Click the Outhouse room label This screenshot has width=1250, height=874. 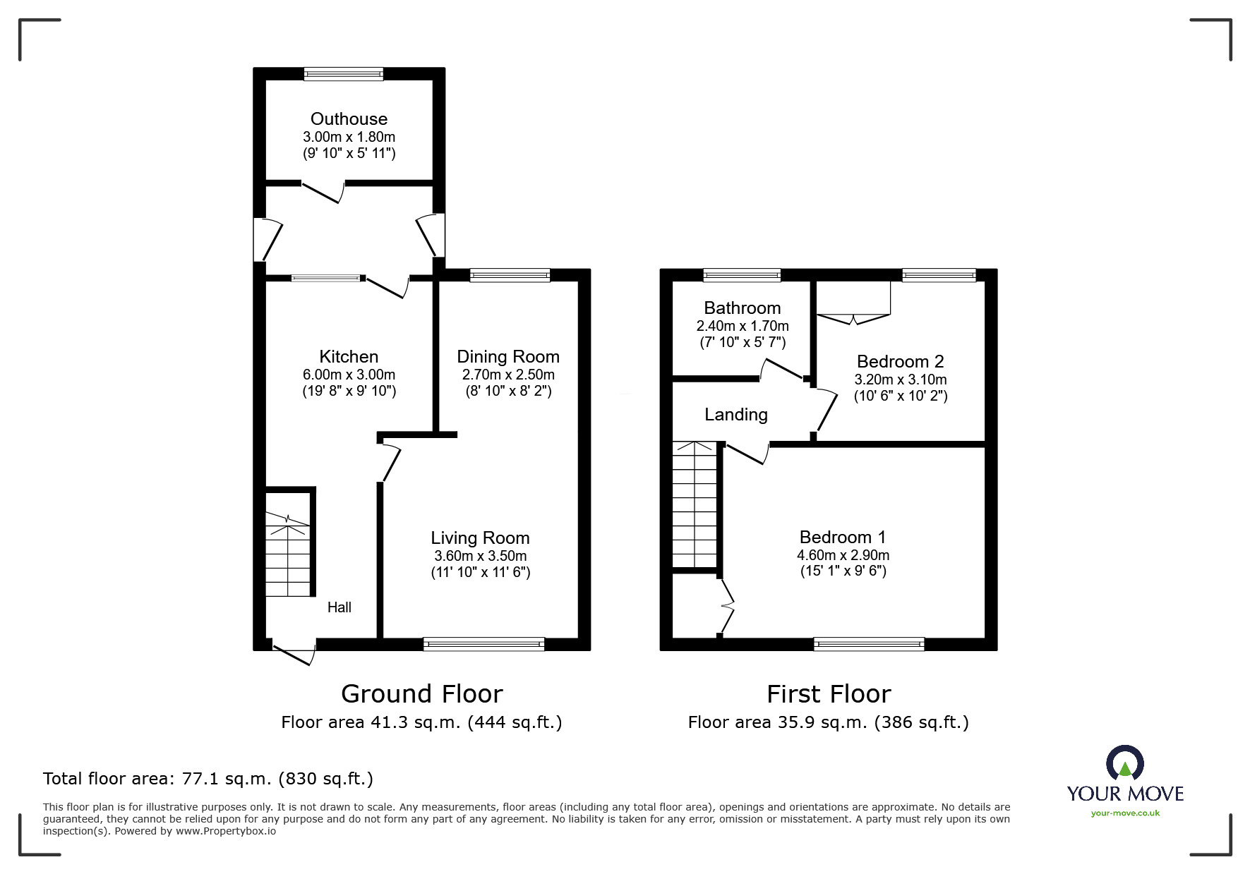click(349, 119)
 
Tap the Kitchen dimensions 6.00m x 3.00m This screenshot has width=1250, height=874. click(349, 375)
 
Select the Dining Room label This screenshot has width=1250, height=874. click(508, 356)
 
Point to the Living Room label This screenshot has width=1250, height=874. click(480, 538)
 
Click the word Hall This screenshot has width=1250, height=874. click(339, 607)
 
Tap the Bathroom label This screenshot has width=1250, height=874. click(743, 308)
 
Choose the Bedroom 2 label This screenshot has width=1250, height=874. click(901, 361)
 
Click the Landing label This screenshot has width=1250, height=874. click(736, 414)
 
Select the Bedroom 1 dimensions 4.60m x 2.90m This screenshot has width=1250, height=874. click(843, 555)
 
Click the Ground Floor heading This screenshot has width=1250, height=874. click(422, 694)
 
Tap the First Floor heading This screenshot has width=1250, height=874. click(829, 694)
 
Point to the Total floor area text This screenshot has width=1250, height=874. click(208, 779)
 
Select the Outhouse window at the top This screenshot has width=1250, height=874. click(344, 73)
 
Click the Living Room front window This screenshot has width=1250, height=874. click(484, 644)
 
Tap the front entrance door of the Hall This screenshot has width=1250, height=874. click(294, 652)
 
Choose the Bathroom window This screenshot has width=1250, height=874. click(743, 275)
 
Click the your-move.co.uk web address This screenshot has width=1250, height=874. click(1125, 813)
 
